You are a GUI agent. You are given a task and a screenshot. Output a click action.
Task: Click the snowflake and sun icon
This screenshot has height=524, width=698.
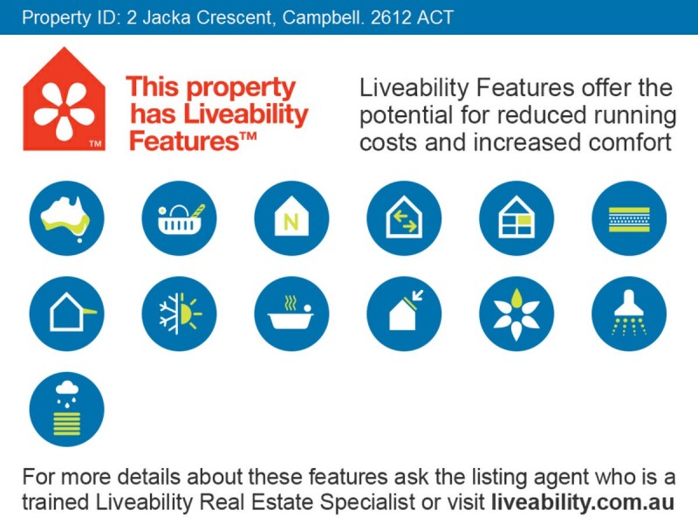[x=179, y=314]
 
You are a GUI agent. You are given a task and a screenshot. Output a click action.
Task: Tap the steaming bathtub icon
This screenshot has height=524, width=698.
[x=291, y=314]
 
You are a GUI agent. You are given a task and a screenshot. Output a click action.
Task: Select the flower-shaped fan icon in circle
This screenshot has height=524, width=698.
[x=517, y=314]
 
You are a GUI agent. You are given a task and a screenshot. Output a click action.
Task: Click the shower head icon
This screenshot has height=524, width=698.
[x=629, y=314]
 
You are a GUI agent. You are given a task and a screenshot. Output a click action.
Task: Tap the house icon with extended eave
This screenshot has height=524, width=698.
[x=66, y=314]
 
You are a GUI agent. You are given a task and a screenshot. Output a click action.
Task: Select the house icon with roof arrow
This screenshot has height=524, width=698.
[x=404, y=314]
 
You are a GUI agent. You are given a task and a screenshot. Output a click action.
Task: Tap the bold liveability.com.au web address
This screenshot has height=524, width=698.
[x=582, y=502]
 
